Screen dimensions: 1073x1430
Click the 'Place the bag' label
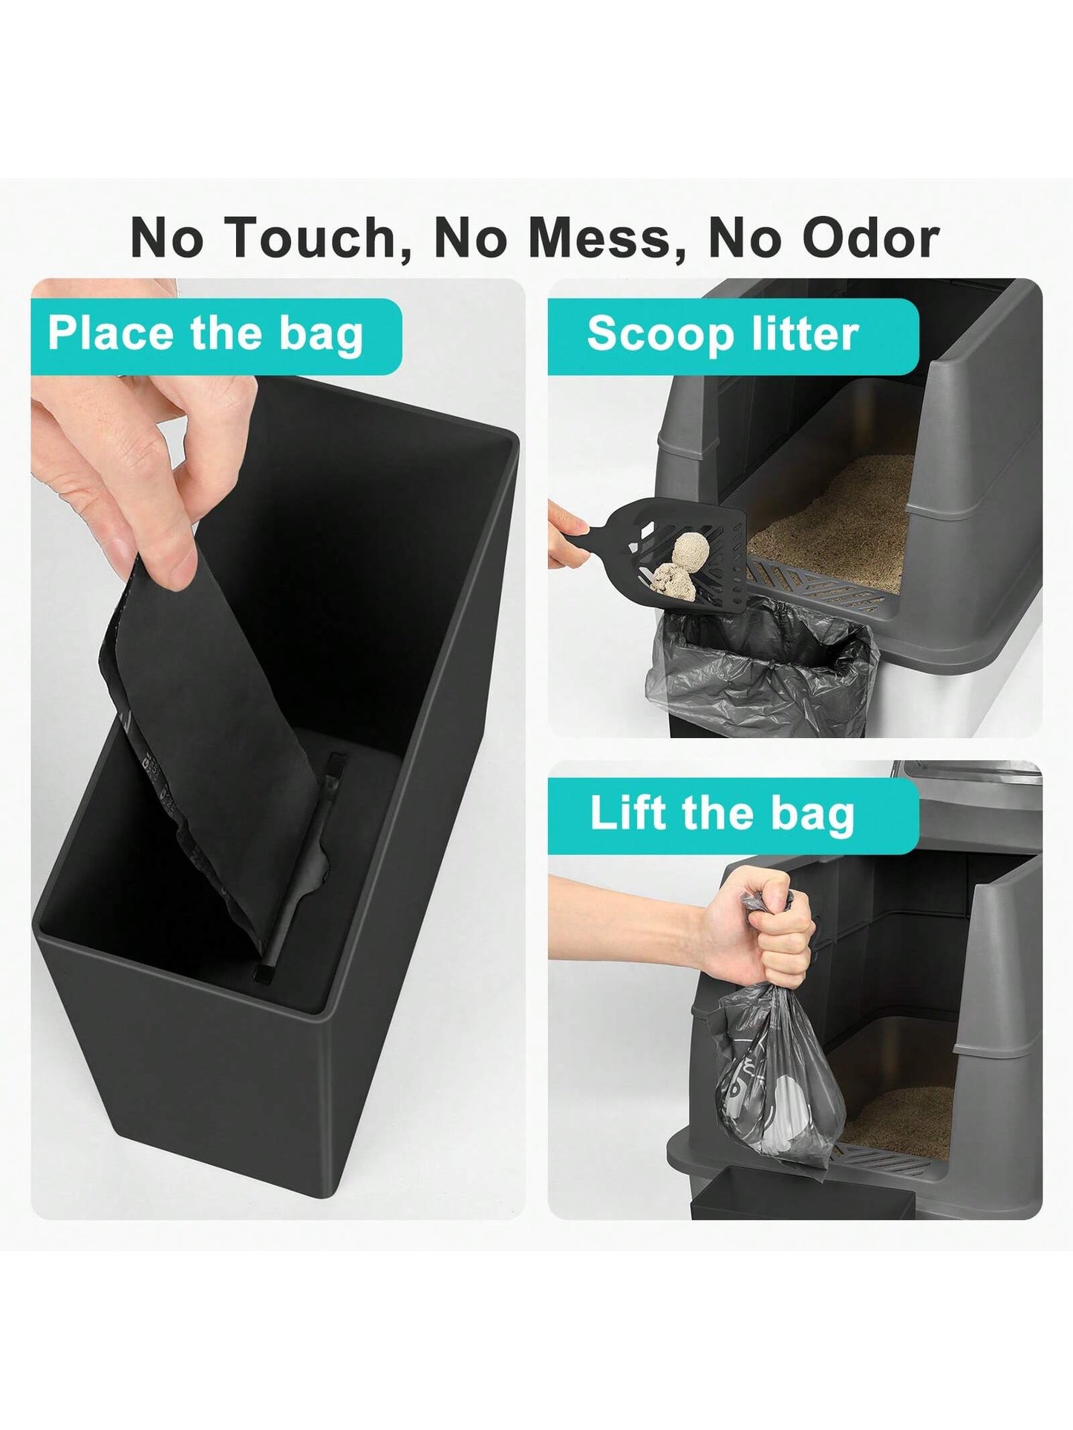(206, 335)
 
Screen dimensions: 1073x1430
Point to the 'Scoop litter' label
(722, 335)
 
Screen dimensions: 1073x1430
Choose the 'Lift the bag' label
(722, 814)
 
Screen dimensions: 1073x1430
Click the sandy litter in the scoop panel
(832, 512)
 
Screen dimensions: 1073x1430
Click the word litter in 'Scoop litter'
(804, 334)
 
